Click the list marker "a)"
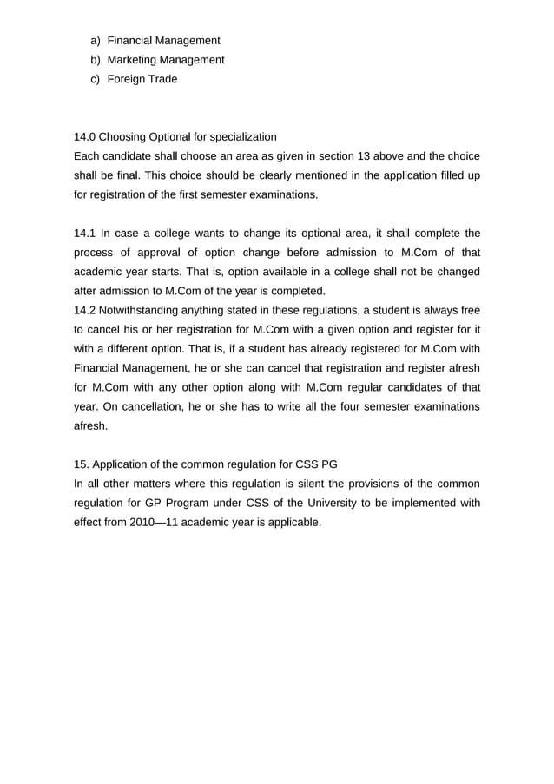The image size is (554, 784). point(96,41)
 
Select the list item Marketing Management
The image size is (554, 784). point(165,60)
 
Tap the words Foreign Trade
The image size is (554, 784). point(142,79)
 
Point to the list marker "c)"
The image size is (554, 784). point(96,79)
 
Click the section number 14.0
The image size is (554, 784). point(85,136)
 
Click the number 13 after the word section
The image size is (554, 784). point(382,156)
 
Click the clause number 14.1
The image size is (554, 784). point(85,233)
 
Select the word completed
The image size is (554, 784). point(299,290)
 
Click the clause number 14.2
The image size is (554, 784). point(85,310)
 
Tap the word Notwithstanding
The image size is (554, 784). point(142,310)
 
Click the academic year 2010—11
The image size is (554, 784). point(137,522)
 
